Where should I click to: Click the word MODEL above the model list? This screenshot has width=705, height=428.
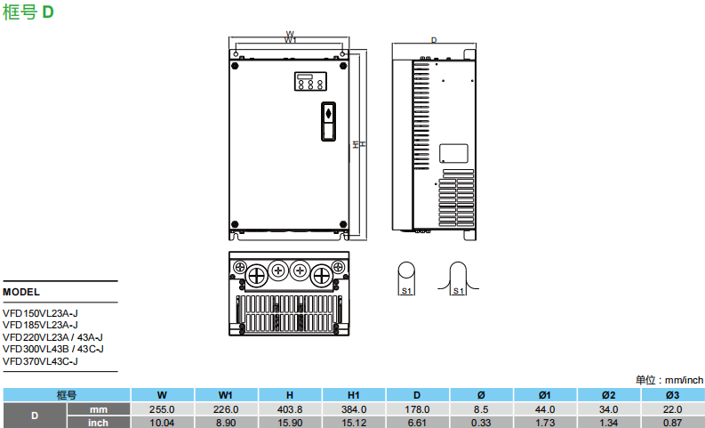(21, 291)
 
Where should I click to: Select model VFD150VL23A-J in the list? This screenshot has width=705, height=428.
(42, 312)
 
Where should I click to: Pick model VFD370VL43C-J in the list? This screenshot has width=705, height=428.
(42, 361)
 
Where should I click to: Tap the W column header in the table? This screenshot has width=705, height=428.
(162, 395)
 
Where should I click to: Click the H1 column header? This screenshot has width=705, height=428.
(353, 395)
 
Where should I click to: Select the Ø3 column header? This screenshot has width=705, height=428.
(673, 395)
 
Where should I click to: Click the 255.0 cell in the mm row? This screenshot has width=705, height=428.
(162, 409)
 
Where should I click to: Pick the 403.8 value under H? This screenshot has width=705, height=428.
(290, 409)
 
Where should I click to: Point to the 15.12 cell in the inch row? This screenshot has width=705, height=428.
(353, 423)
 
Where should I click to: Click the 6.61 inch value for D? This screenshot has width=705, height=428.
(417, 423)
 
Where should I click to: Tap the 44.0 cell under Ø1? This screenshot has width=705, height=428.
(545, 409)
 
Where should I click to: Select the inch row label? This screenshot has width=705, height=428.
(99, 423)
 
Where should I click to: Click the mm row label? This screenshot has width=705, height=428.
(99, 409)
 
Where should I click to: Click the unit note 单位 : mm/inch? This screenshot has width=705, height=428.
(669, 380)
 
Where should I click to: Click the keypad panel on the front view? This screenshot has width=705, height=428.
(309, 81)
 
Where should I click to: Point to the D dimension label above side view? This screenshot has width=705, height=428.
(434, 40)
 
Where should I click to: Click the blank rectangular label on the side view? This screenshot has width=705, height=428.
(455, 154)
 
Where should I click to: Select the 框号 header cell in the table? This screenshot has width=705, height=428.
(67, 395)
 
